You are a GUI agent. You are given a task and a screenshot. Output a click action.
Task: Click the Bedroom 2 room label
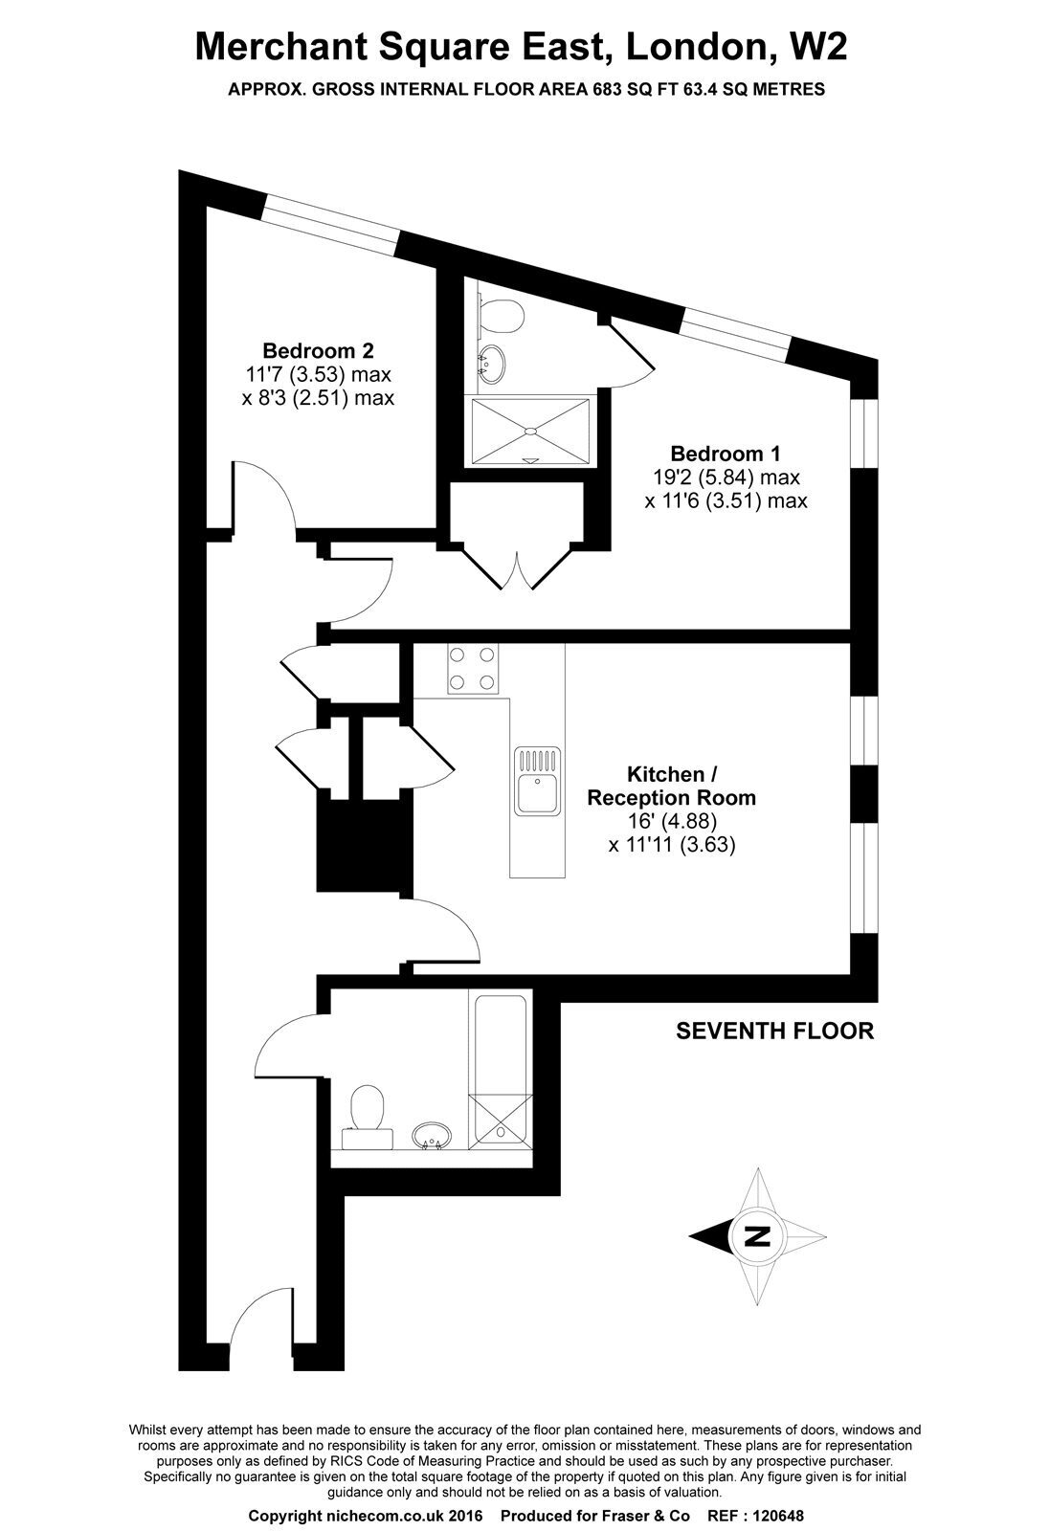318,350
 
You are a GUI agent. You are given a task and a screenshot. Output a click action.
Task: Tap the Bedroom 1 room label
726,454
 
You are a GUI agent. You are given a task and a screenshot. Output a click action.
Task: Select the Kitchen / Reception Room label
671,786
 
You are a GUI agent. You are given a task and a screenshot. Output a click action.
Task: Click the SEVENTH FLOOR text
774,1031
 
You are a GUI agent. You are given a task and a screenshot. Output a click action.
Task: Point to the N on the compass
757,1236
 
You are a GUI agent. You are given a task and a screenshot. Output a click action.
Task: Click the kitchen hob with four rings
473,669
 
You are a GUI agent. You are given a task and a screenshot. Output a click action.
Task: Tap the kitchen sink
538,781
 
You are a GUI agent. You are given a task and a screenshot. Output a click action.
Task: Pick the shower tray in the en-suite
529,432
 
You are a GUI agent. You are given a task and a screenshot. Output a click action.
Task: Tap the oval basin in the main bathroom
432,1137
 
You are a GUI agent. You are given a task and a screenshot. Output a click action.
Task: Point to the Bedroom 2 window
331,224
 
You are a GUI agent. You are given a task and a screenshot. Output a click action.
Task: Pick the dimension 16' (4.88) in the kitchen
671,821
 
